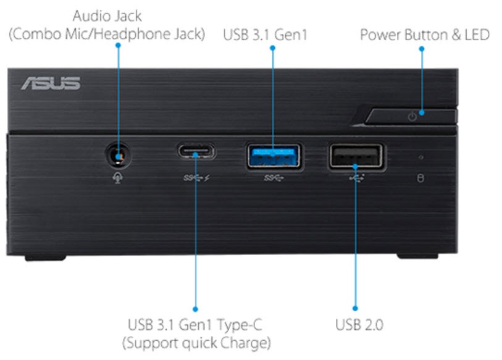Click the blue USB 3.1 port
(273, 155)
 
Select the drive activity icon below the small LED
(421, 178)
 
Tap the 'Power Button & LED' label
(425, 34)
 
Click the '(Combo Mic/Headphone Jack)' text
(106, 34)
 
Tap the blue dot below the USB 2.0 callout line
(355, 307)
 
